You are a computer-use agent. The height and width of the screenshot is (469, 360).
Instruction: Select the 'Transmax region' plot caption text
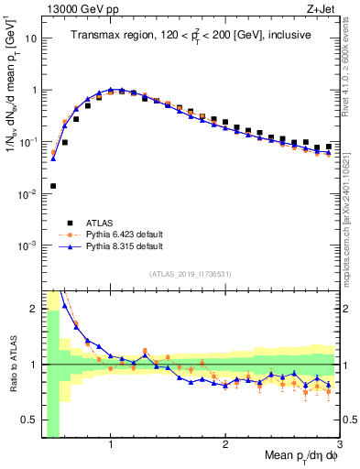click(190, 36)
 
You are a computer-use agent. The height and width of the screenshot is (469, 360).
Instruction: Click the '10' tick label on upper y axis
click(31, 39)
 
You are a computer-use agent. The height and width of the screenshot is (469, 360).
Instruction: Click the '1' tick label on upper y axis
click(34, 91)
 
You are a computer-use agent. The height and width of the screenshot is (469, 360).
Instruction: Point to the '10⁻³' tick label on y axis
click(29, 245)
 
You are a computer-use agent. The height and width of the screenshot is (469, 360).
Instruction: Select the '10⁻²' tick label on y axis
click(29, 193)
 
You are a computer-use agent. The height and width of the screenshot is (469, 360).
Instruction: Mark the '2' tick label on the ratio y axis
click(34, 309)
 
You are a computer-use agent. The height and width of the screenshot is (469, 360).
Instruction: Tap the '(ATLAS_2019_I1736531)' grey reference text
click(190, 274)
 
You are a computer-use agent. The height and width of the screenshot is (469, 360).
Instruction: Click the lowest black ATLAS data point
click(53, 186)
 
